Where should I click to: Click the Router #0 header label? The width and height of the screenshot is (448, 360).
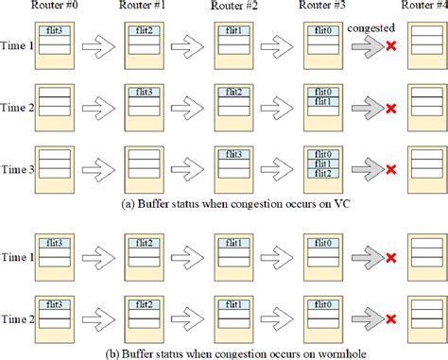tap(53, 8)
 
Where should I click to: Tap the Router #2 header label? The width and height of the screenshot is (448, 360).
tap(234, 8)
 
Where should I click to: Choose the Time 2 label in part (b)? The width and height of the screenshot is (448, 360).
tap(17, 318)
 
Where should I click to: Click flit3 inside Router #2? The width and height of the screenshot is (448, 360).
tap(234, 154)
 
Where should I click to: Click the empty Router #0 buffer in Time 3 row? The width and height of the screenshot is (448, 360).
tap(53, 163)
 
